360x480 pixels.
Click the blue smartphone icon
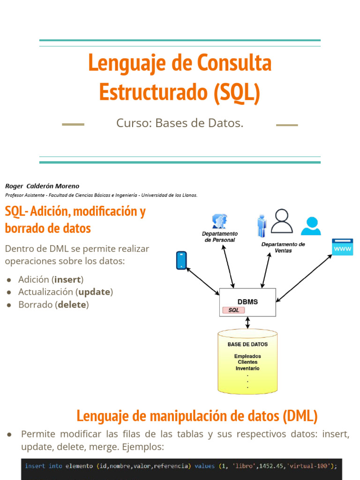click(x=181, y=261)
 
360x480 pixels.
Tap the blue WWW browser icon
click(x=342, y=247)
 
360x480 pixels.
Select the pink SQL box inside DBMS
click(x=233, y=310)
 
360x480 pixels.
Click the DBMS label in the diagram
click(x=248, y=302)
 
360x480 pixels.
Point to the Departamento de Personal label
click(x=220, y=237)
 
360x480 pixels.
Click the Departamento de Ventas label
click(x=283, y=247)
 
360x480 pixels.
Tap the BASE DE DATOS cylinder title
click(x=247, y=344)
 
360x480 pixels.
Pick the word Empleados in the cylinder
click(x=247, y=356)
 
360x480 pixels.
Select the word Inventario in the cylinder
click(x=247, y=368)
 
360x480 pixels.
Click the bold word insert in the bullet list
click(x=67, y=279)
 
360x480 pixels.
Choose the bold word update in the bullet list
click(x=94, y=292)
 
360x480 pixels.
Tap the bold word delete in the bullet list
click(x=72, y=305)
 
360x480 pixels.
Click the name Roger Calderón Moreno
click(x=42, y=186)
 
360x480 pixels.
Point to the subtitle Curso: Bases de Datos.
click(x=180, y=123)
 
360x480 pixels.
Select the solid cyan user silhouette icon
click(x=311, y=225)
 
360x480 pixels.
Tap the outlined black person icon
click(x=282, y=221)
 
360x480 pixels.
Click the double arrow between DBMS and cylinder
click(x=247, y=322)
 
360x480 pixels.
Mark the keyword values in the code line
click(x=204, y=466)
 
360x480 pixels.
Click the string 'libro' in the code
click(x=244, y=466)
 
